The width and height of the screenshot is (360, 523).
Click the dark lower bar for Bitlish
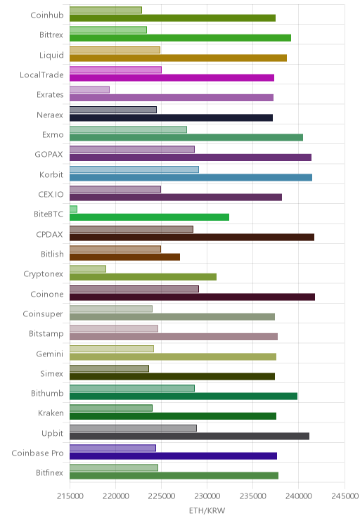tap(124, 257)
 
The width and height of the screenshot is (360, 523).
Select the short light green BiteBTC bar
tap(73, 209)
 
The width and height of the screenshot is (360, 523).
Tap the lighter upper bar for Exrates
tap(89, 90)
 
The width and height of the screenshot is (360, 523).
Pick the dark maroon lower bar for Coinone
tap(192, 297)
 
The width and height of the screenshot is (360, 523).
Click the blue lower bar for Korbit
tap(191, 177)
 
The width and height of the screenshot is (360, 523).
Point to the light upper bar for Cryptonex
tap(88, 269)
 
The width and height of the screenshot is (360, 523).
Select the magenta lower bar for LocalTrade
tap(172, 78)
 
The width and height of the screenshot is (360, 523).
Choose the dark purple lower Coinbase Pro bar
tap(173, 456)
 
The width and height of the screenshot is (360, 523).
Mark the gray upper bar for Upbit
tap(133, 428)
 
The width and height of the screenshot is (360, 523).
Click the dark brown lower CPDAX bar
tap(192, 237)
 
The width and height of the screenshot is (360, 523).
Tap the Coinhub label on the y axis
tap(46, 15)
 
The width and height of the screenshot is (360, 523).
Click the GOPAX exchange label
tap(49, 155)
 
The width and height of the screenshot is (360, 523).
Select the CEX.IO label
tap(51, 194)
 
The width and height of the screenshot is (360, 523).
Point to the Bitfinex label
tap(49, 472)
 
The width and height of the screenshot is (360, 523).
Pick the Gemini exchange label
tap(49, 354)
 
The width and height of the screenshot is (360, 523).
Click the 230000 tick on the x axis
tap(207, 496)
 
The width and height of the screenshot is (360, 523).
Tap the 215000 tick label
tap(70, 496)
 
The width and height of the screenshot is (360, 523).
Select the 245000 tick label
tap(345, 496)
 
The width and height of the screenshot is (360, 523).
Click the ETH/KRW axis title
tap(207, 510)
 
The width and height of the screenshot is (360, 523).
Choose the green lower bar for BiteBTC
tap(150, 217)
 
